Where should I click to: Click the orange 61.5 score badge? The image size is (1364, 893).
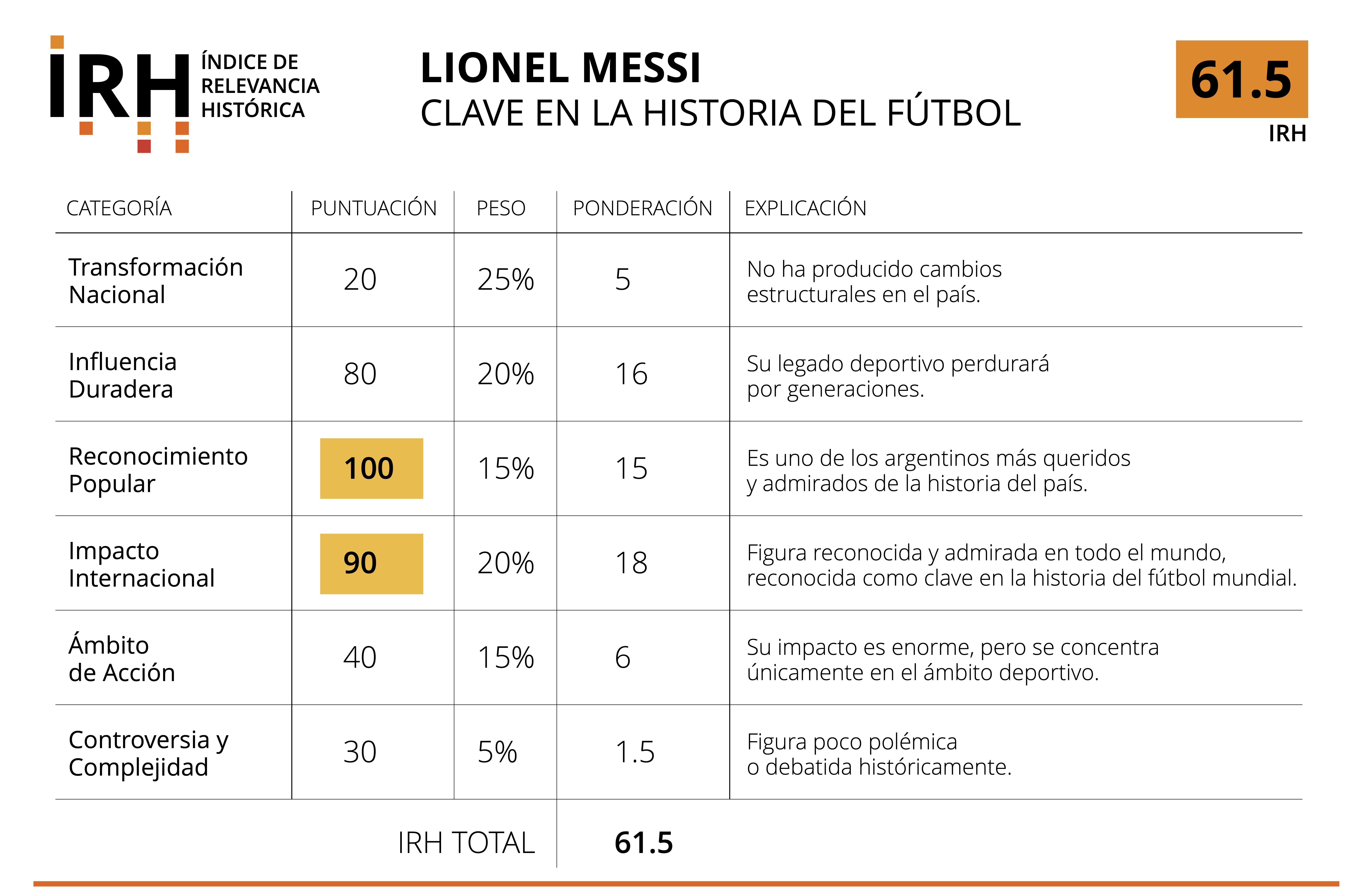point(1241,79)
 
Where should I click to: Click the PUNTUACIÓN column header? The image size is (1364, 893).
point(374,208)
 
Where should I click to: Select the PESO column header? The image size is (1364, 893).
point(501,208)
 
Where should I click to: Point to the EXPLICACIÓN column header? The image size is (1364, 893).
point(805,208)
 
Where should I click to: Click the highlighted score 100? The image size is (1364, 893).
point(371,469)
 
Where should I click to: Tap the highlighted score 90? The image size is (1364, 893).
point(371,564)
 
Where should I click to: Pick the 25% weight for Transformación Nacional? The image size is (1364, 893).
point(506,280)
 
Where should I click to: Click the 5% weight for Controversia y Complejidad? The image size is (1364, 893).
point(497,752)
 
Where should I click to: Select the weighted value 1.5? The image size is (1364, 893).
point(634,752)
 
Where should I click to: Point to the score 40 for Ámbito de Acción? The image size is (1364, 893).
point(360,658)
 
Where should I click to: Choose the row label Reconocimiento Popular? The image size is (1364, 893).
point(158,470)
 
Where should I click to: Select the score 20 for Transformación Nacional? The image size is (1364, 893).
point(360,280)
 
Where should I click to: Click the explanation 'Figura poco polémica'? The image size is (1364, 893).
point(852,742)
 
